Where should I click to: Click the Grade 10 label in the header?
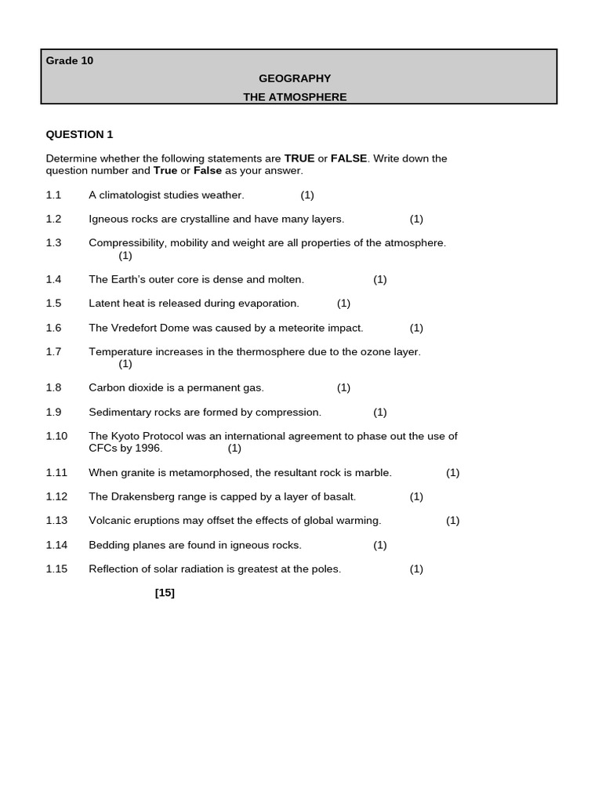coord(69,61)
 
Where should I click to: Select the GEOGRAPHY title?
coord(295,78)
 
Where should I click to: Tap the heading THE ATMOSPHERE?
coord(295,97)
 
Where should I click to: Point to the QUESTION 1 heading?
coord(79,134)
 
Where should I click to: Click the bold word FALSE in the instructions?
coord(349,158)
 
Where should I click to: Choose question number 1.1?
coord(53,194)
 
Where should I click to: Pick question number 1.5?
coord(53,303)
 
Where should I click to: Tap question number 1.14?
coord(56,545)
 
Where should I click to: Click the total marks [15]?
coord(165,593)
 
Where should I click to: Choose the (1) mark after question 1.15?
coord(416,569)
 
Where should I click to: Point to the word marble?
coord(373,473)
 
